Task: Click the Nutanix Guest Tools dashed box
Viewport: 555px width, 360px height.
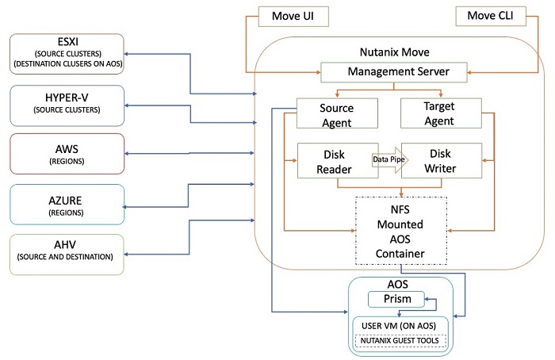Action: (x=400, y=340)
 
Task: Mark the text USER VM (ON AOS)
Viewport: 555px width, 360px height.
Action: (x=400, y=325)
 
